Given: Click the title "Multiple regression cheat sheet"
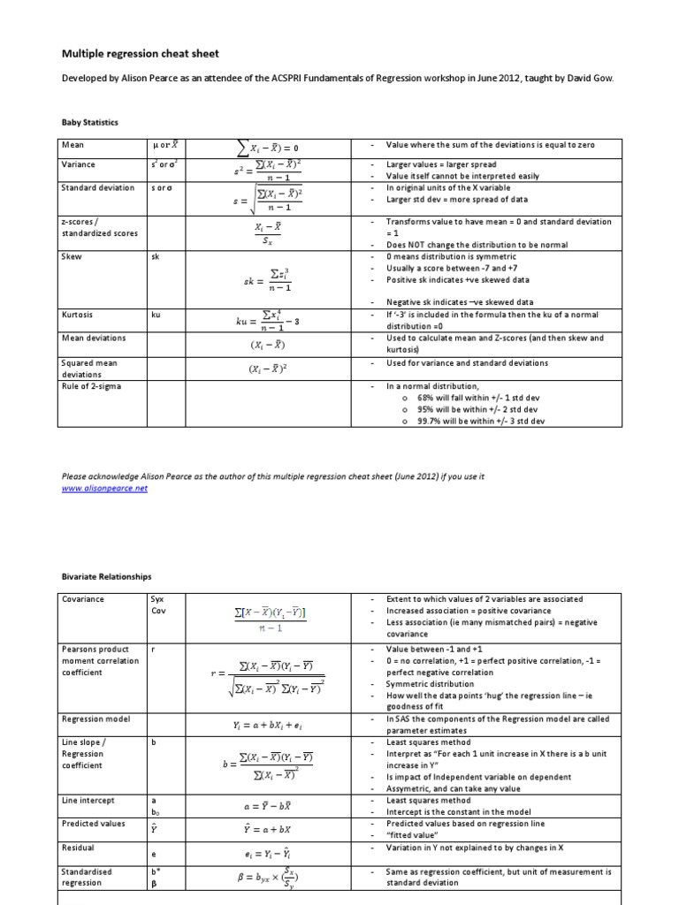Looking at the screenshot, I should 139,54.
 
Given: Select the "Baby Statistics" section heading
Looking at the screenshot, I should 90,122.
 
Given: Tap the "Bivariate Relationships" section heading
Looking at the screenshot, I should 106,576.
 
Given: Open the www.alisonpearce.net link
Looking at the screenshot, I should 104,488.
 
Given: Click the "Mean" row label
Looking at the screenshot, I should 72,144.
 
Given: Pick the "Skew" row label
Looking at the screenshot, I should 72,256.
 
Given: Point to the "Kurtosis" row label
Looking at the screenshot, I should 78,315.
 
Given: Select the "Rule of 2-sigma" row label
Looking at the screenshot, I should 92,385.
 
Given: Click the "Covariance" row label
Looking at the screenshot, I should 82,599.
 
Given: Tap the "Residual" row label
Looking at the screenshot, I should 79,847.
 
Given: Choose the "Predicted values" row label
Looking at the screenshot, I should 92,824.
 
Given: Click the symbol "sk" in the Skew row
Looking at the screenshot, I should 156,256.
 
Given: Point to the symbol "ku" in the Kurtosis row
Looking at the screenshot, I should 156,315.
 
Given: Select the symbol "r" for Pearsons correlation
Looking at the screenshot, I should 154,649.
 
